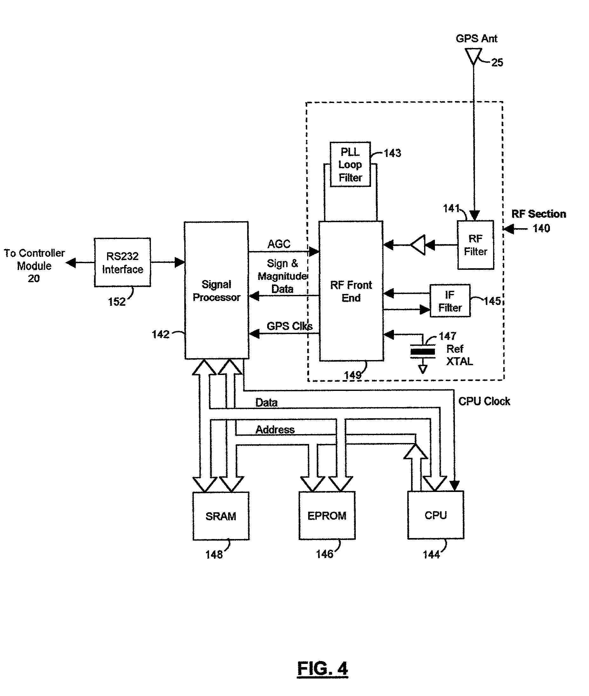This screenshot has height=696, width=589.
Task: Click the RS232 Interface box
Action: (122, 262)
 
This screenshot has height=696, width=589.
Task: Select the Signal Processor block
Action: (216, 290)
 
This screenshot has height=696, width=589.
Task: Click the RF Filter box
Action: (475, 245)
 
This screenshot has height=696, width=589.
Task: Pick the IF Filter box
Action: (450, 301)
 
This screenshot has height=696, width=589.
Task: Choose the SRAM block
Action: (221, 516)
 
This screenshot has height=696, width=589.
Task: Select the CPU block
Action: (436, 515)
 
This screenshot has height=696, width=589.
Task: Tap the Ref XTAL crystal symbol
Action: (423, 351)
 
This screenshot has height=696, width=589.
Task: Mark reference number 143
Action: (392, 153)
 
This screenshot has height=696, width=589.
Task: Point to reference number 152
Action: (117, 302)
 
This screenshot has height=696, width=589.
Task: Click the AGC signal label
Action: (279, 244)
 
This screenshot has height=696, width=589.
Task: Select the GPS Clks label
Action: (289, 326)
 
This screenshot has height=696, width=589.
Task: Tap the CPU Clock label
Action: (484, 401)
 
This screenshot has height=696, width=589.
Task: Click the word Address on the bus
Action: (275, 429)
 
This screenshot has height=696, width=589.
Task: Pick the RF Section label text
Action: (538, 214)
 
